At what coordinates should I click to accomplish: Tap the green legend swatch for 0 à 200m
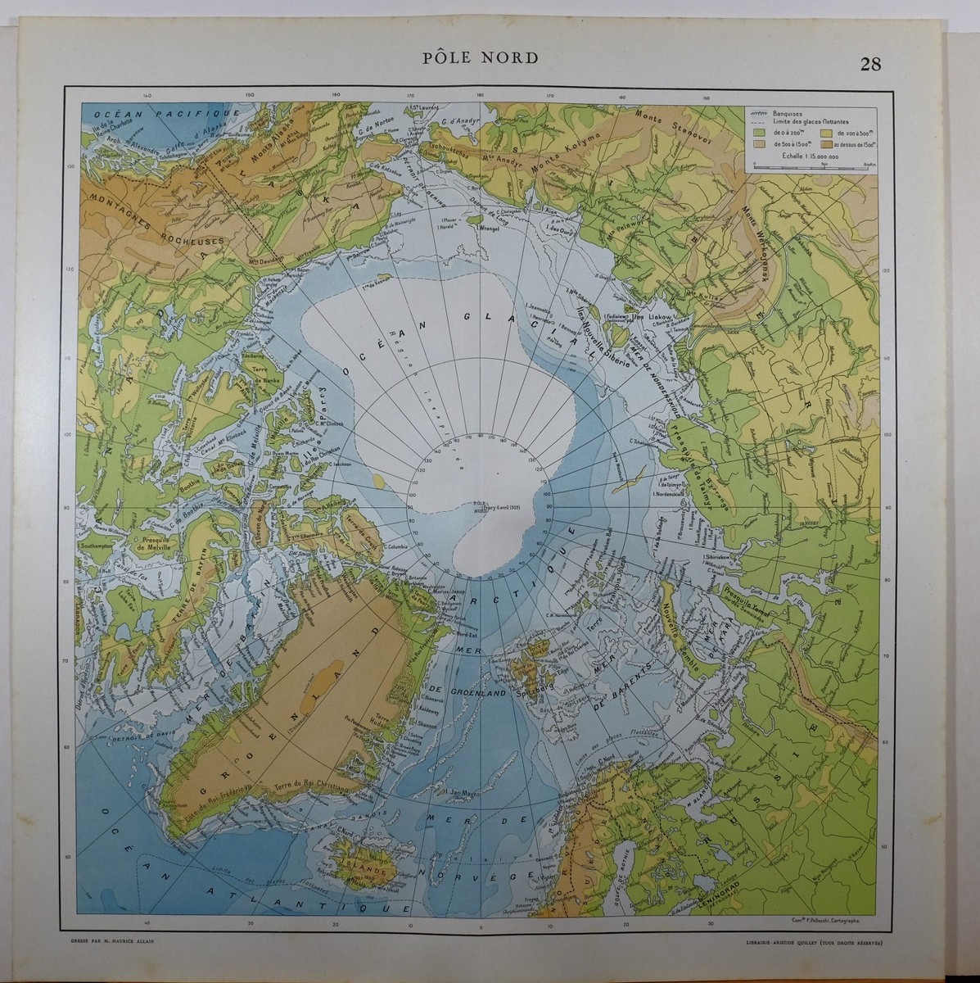point(759,131)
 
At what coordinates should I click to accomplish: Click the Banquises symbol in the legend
point(759,113)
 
